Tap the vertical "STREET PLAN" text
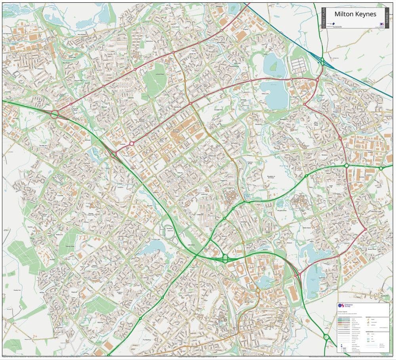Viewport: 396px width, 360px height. coord(324,18)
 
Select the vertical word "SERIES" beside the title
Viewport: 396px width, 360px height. coord(386,18)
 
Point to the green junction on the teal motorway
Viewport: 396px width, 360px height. coord(322,61)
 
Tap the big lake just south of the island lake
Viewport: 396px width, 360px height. coord(274,94)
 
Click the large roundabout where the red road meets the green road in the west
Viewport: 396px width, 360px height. coord(54,115)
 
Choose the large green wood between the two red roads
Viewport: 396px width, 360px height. coord(155,80)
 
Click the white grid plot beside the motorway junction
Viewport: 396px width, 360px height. coord(299,64)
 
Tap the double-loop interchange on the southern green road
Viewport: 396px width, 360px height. coord(226,259)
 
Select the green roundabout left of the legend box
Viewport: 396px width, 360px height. coord(326,337)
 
